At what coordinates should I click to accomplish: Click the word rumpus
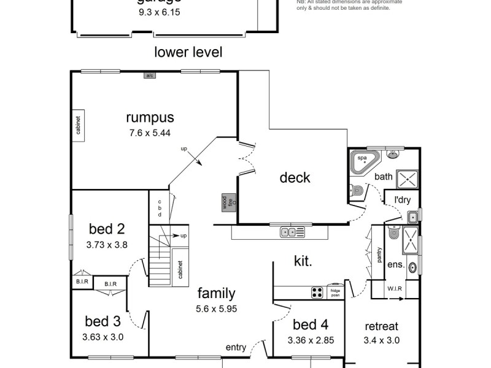pyautogui.click(x=150, y=117)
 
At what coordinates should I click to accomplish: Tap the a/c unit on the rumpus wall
pyautogui.click(x=149, y=75)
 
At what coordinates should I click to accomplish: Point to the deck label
pyautogui.click(x=295, y=178)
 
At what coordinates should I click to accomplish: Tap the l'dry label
pyautogui.click(x=403, y=199)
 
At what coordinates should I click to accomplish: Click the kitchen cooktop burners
pyautogui.click(x=317, y=292)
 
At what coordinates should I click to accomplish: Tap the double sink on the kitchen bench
pyautogui.click(x=292, y=232)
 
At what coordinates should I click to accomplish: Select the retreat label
pyautogui.click(x=381, y=326)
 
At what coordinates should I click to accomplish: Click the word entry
pyautogui.click(x=236, y=347)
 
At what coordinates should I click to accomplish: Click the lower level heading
pyautogui.click(x=188, y=52)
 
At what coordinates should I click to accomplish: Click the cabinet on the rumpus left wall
pyautogui.click(x=79, y=126)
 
